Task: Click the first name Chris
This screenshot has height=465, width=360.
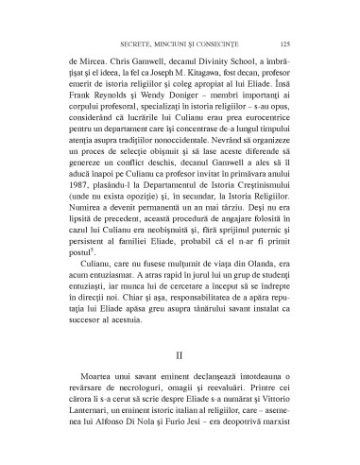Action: click(x=115, y=58)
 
